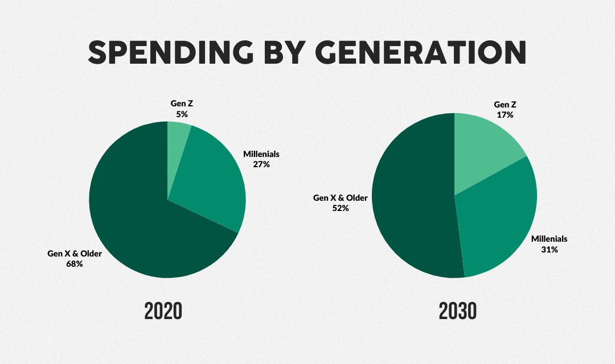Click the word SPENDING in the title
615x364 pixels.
(171, 52)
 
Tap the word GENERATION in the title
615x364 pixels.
(420, 52)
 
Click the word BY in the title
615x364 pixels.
(284, 52)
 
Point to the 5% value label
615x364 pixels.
(182, 114)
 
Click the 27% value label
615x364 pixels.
(261, 164)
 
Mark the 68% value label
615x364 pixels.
(75, 264)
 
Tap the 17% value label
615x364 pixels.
(505, 115)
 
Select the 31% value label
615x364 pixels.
(550, 250)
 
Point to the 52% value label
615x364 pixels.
(341, 209)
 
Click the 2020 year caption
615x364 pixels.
(163, 312)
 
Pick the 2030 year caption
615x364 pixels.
(458, 312)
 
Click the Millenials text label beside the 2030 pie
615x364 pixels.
(550, 239)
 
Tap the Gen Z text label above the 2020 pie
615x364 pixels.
(182, 104)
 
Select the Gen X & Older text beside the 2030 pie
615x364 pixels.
(341, 198)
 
